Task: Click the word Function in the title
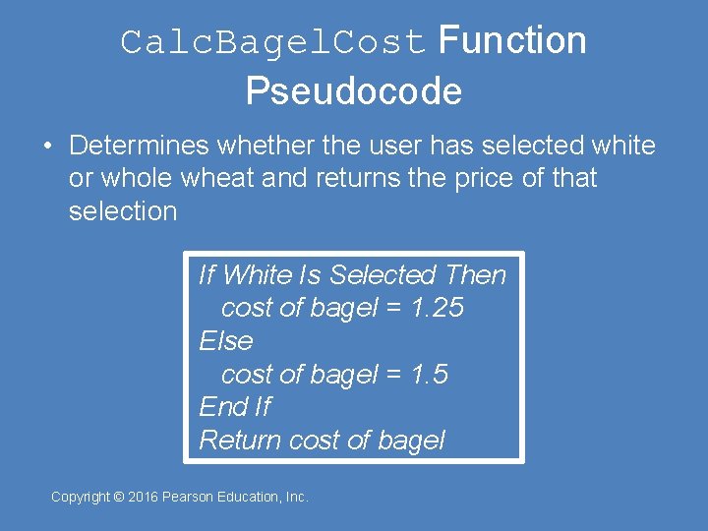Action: [x=512, y=41]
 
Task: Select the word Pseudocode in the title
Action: [x=354, y=91]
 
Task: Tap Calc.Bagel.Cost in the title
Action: [x=273, y=43]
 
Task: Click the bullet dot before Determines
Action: [x=47, y=146]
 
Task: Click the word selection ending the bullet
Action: [x=123, y=211]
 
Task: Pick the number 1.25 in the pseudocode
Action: [x=438, y=308]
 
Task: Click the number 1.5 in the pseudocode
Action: [x=429, y=374]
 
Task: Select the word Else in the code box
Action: [x=226, y=341]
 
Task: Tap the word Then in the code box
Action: [x=476, y=275]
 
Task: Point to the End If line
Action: [x=235, y=407]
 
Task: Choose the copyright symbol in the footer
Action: [x=119, y=498]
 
